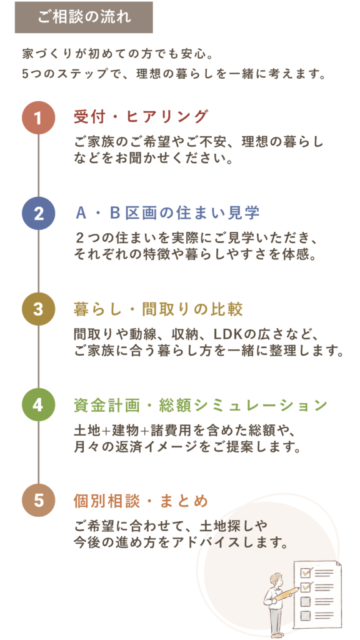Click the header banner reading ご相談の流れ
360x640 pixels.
pyautogui.click(x=84, y=17)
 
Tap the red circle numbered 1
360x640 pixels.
pyautogui.click(x=38, y=118)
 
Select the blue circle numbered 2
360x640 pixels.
pyautogui.click(x=38, y=214)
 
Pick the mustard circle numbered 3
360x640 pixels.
pyautogui.click(x=38, y=309)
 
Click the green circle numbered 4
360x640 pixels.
pyautogui.click(x=38, y=404)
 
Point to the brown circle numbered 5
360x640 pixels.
pyautogui.click(x=38, y=500)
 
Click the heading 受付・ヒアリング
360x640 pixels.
pyautogui.click(x=141, y=117)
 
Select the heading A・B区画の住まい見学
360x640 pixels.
pyautogui.click(x=168, y=213)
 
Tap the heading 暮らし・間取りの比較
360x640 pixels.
pyautogui.click(x=158, y=309)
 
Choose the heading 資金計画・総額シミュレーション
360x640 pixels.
pyautogui.click(x=201, y=405)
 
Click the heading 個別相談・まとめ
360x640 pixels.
pyautogui.click(x=141, y=501)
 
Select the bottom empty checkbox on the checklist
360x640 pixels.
pyautogui.click(x=305, y=616)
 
